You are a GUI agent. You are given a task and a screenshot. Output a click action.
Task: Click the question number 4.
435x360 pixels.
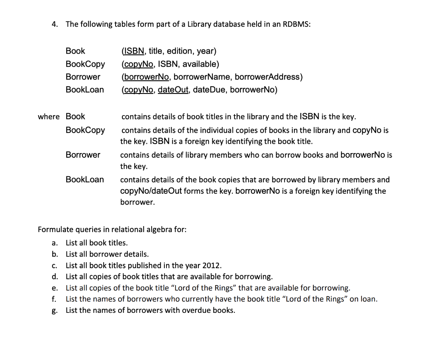tap(54, 24)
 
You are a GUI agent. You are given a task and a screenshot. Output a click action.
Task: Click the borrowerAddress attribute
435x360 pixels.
tap(267, 77)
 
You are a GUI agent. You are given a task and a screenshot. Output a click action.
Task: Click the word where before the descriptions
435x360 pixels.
tap(48, 116)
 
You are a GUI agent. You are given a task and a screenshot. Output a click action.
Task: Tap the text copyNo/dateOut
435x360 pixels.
tap(151, 191)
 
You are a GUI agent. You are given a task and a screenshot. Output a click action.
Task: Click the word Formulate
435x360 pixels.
tap(55, 230)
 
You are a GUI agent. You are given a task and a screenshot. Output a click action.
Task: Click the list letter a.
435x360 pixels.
tap(54, 243)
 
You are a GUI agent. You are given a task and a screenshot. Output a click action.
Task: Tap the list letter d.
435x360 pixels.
tap(54, 277)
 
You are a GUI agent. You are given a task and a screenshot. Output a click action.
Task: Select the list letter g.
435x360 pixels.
tap(54, 311)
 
